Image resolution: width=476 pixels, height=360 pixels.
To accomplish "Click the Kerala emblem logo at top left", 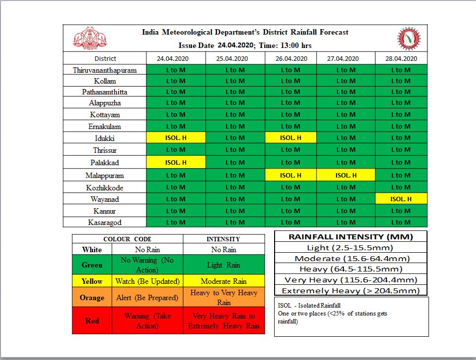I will (x=90, y=39).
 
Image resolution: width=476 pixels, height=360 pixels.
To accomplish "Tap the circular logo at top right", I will (x=409, y=39).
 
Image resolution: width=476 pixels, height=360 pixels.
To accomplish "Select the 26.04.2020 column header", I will (x=290, y=58).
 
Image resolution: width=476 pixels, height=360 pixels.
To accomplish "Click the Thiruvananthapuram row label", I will (x=104, y=70).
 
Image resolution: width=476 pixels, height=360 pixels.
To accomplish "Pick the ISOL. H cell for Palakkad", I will (x=176, y=162).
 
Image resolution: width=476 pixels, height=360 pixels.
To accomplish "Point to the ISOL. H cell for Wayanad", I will (x=401, y=199).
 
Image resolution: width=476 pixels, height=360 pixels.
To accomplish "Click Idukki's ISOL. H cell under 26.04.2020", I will (x=290, y=138).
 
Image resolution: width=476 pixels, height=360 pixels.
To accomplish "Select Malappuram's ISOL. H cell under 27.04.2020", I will (x=345, y=175).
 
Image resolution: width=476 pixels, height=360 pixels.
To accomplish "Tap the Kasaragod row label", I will (x=104, y=223).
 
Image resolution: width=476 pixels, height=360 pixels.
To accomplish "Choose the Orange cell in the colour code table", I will (x=92, y=298).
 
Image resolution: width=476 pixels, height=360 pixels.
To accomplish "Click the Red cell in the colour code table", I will (x=92, y=320).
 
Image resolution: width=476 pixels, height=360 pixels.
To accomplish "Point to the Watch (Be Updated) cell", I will (x=147, y=281).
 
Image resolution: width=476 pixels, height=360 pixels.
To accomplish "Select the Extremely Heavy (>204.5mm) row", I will (x=350, y=291).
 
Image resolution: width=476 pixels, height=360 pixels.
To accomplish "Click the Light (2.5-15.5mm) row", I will (x=350, y=248).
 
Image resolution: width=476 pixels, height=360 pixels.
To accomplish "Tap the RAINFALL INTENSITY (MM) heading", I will (x=350, y=236).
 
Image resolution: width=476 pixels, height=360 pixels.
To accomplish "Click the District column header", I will (x=104, y=58).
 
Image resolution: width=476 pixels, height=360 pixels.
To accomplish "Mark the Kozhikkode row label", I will (x=104, y=187).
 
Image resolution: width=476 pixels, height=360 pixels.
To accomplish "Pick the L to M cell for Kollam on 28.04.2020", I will (x=401, y=81).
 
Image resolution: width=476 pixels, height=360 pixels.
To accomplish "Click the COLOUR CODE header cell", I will (x=127, y=239).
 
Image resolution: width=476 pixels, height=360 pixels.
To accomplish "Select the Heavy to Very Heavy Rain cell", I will (x=224, y=298).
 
